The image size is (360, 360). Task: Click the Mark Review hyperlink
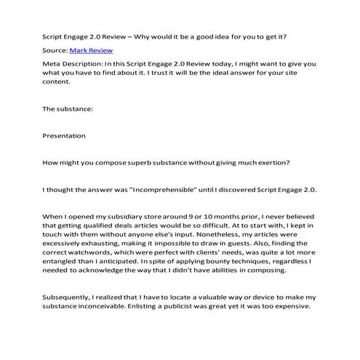(x=89, y=51)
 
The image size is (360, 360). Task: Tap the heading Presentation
(x=65, y=135)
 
